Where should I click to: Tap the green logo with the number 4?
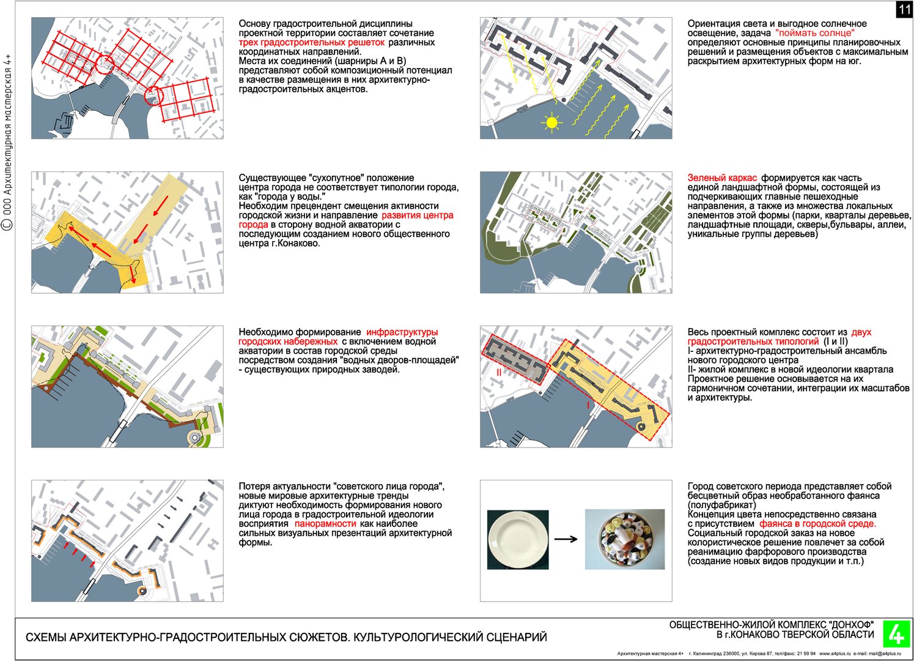896,633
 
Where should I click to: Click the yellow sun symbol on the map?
552,122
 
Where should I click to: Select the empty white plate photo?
518,540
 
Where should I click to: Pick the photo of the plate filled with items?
624,539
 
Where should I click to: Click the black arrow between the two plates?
566,539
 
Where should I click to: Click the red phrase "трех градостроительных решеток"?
312,42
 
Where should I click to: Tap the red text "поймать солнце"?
815,33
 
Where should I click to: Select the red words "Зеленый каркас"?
722,178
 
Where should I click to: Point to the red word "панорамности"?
325,524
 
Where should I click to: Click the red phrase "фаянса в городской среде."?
817,524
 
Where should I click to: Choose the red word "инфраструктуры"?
402,332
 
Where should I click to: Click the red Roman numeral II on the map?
499,372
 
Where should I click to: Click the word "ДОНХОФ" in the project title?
852,625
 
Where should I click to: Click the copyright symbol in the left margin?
8,225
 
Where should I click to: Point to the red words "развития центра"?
418,215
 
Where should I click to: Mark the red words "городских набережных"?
288,342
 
